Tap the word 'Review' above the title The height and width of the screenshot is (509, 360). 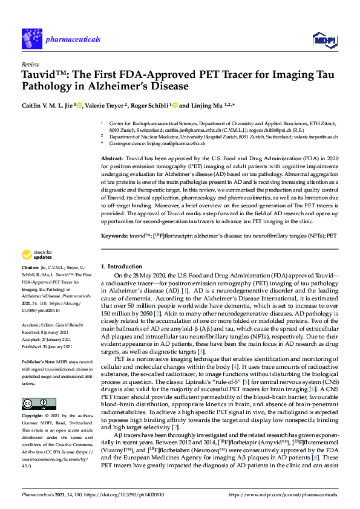30,63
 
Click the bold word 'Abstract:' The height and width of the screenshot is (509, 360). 113,157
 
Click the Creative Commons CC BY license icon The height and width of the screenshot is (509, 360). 35,386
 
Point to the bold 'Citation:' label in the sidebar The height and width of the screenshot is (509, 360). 30,284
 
